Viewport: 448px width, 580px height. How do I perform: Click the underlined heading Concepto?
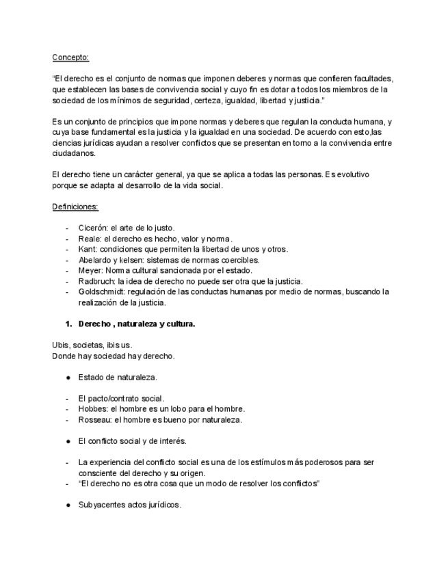click(x=70, y=57)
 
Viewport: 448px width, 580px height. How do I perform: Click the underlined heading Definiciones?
click(x=75, y=206)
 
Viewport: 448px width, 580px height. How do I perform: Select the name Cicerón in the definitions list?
click(x=93, y=227)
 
